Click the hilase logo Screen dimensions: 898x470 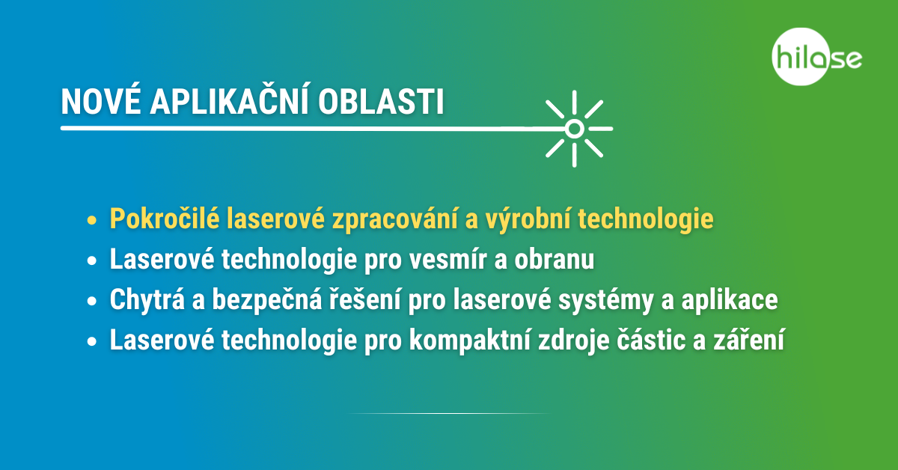click(816, 57)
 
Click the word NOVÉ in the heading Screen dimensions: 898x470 click(100, 102)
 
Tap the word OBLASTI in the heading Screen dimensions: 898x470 click(381, 102)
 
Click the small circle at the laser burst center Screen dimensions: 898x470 click(575, 129)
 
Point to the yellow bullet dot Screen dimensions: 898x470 click(92, 221)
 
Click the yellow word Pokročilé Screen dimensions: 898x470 click(165, 218)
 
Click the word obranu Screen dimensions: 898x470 click(554, 259)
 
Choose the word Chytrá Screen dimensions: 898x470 click(147, 300)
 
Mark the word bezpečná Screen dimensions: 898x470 click(267, 300)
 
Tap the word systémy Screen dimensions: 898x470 click(606, 300)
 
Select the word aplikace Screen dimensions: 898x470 click(730, 300)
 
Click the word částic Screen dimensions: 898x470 click(650, 339)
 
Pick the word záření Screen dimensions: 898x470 click(748, 339)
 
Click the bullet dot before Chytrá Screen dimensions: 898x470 click(92, 301)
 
